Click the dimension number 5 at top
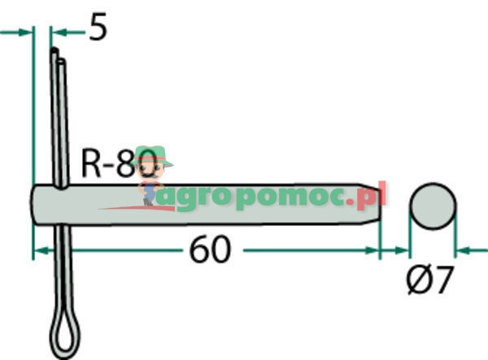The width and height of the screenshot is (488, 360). coord(97,28)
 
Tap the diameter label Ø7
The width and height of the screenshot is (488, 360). coord(429,281)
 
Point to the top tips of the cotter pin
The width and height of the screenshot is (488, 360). coord(56,54)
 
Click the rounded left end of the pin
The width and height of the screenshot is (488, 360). coord(37,207)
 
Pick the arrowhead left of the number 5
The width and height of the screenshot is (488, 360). coord(56,32)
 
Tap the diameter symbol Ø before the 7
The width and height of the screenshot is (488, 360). coord(416,281)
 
